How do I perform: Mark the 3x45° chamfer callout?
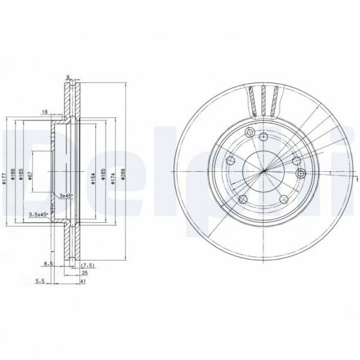[65, 195]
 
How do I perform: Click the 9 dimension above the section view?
[68, 77]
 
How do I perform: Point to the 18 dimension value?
[45, 112]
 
